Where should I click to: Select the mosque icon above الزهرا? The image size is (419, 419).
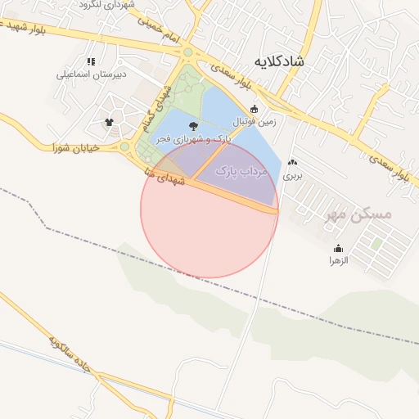pos(339,249)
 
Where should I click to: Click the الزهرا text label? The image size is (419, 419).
pos(339,261)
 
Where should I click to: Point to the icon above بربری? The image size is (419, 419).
pos(293,163)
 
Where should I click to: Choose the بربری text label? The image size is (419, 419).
pos(293,175)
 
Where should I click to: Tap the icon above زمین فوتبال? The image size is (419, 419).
pos(254,109)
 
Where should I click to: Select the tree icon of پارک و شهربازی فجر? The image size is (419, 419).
pos(193,125)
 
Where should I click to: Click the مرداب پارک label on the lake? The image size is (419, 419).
pos(241,172)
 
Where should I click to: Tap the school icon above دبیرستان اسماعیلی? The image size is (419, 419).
pos(91,61)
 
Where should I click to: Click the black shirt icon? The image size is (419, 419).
pos(109,123)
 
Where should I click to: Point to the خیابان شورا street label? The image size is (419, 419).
pos(75,148)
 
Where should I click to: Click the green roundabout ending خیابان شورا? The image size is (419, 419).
pos(125,147)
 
